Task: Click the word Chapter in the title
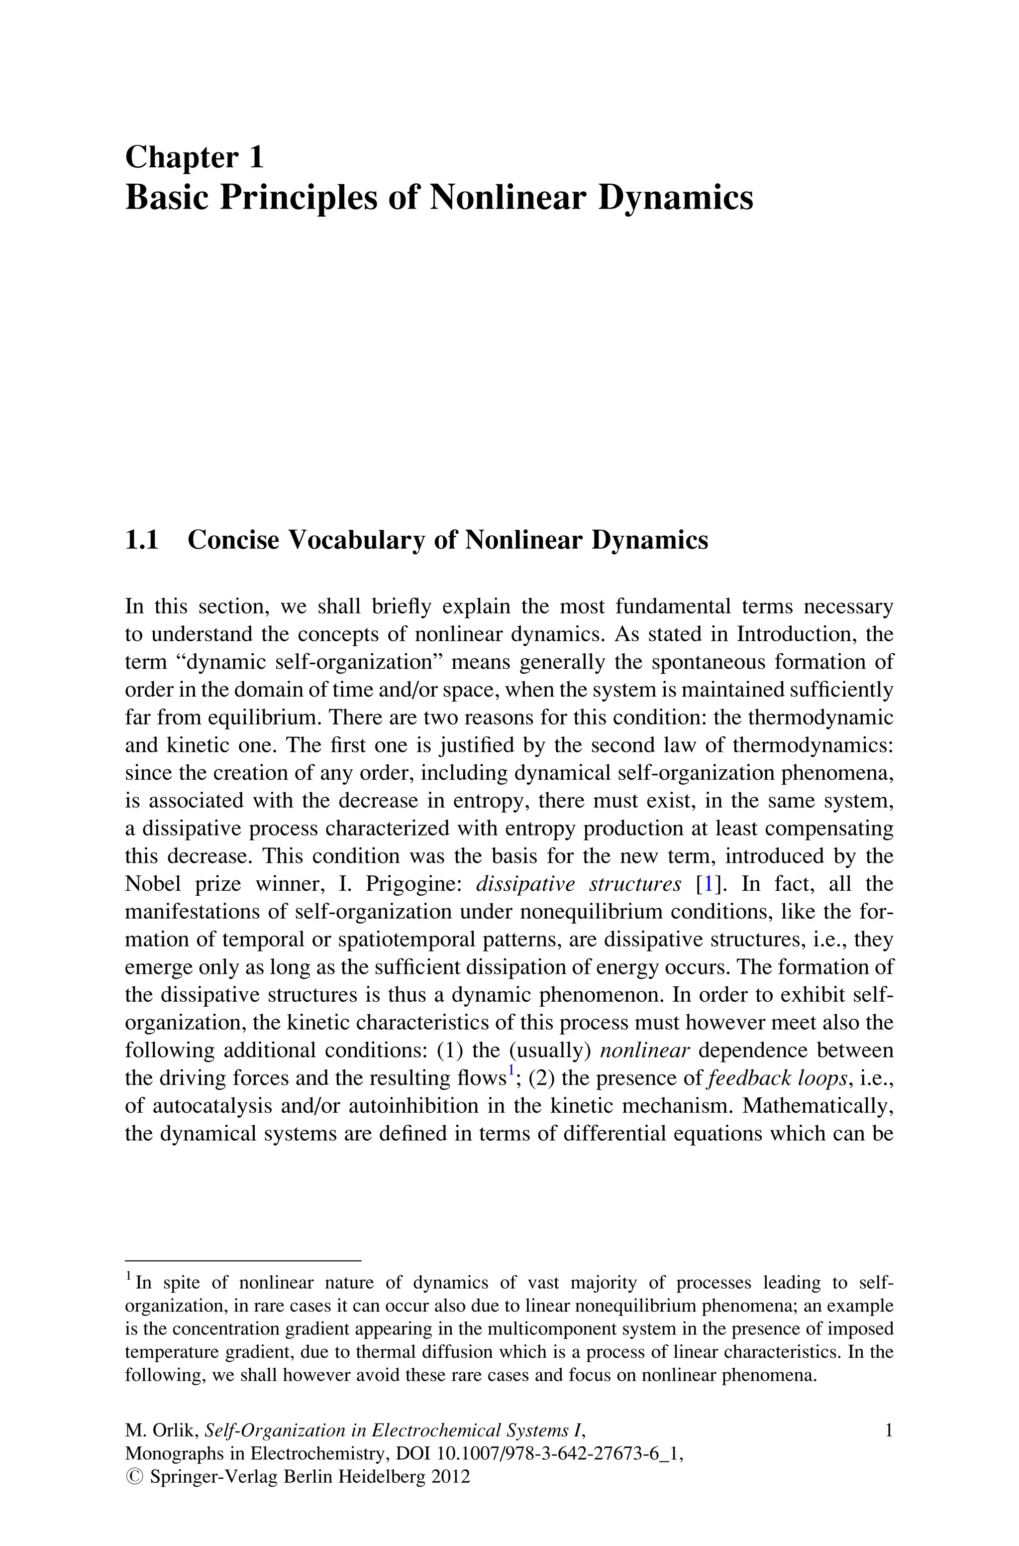(x=182, y=158)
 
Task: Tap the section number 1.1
(x=142, y=540)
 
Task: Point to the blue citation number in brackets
(x=709, y=884)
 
